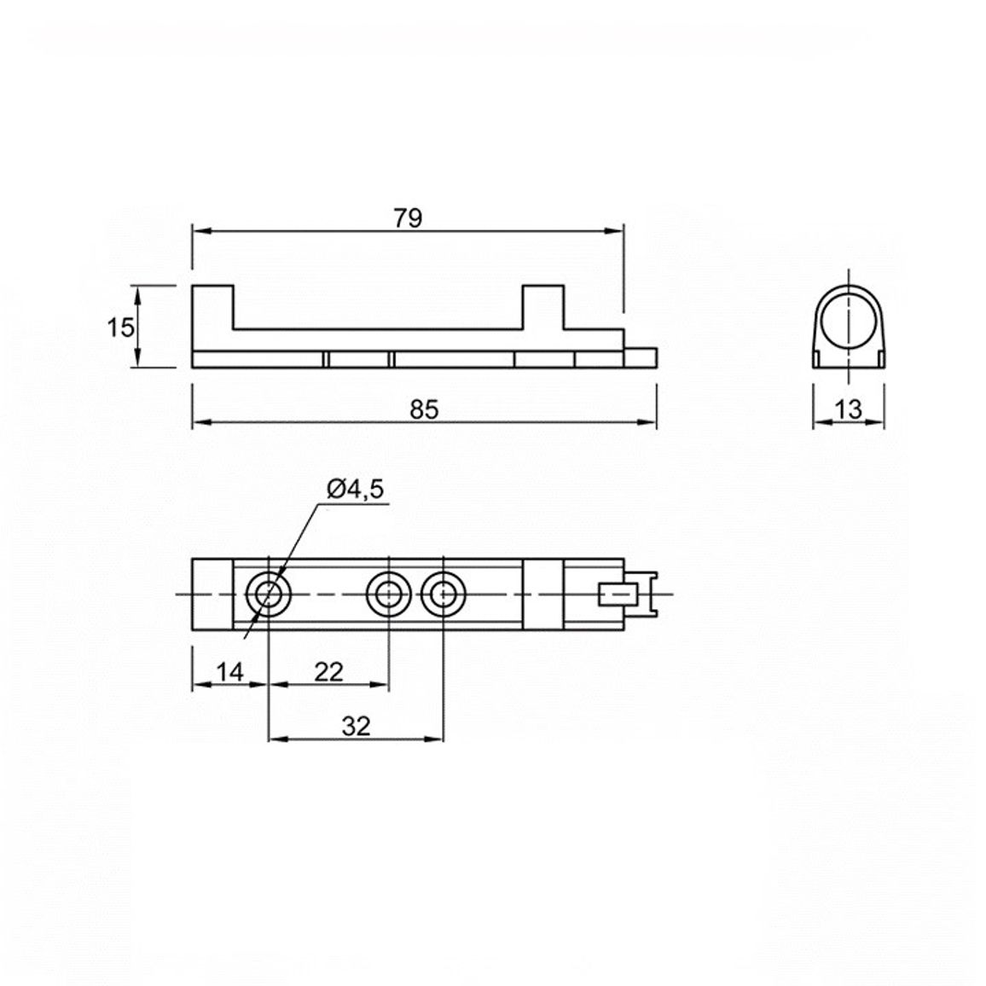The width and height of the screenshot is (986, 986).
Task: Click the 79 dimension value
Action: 408,218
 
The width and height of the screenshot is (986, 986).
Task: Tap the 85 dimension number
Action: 424,409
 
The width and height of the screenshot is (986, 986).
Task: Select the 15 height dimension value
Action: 120,328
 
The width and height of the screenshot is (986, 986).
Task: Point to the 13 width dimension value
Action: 849,409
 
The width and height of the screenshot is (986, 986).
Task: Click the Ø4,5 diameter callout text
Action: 355,489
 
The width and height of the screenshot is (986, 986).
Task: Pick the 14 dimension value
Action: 229,672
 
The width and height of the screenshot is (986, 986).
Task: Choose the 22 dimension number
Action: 329,672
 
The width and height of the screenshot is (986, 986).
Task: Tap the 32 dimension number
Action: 357,727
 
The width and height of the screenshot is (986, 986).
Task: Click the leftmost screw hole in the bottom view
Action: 269,594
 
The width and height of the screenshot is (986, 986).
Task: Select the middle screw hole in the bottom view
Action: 389,594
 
